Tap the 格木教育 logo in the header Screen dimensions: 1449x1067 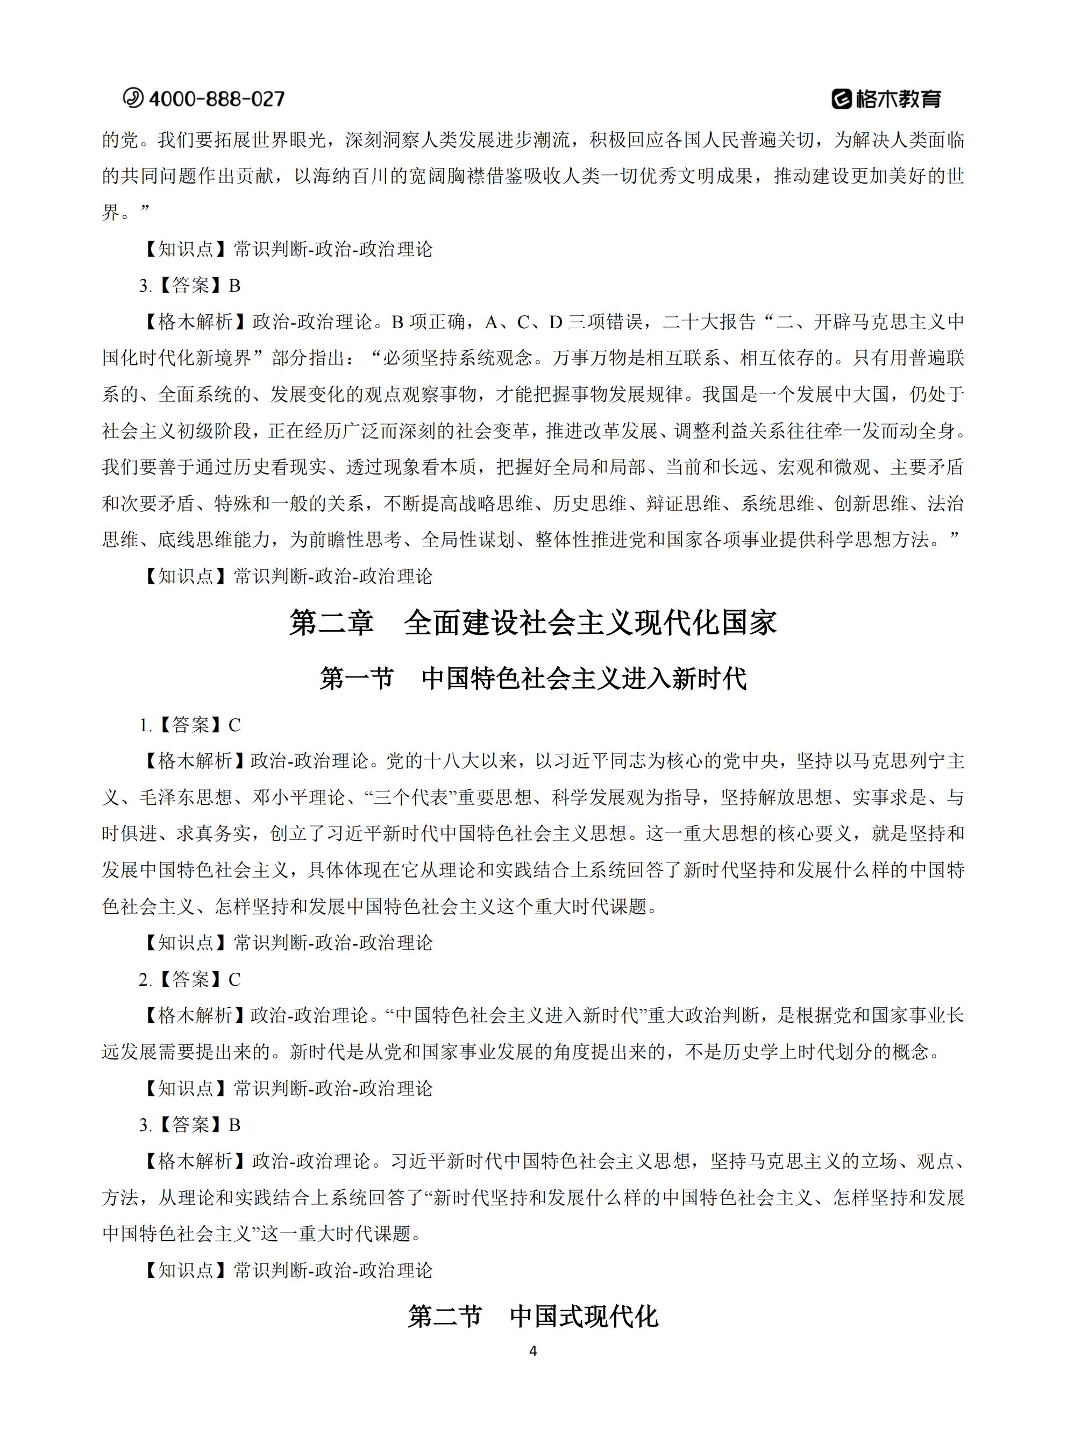pos(886,99)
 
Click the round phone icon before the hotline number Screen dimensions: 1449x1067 pos(133,98)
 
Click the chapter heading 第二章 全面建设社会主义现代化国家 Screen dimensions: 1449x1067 pos(533,623)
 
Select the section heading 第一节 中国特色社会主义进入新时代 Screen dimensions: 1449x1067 pos(533,678)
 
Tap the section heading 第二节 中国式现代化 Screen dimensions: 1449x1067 pos(533,1316)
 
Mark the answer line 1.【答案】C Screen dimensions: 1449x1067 pos(190,725)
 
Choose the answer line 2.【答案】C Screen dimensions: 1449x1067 pos(190,979)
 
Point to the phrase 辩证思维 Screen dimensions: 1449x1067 pos(684,503)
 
